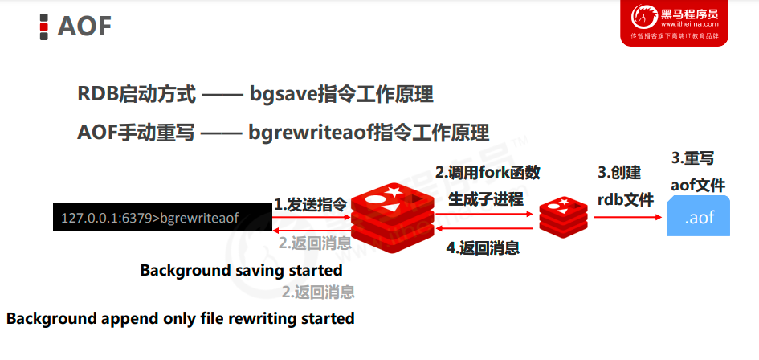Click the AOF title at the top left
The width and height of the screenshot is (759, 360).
84,26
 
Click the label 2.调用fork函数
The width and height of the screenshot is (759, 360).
487,173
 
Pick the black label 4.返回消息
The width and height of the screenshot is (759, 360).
482,247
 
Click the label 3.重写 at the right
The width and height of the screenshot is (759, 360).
692,158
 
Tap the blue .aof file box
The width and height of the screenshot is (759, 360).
699,216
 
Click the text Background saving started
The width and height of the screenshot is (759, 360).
241,270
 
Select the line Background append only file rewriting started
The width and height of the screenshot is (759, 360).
181,318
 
